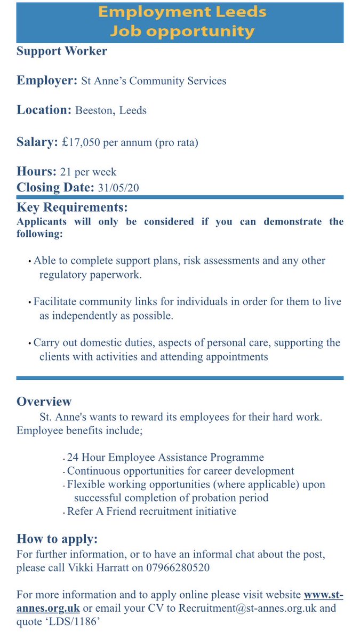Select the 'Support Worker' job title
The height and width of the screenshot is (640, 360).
tap(62, 51)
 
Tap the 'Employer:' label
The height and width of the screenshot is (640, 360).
tap(47, 81)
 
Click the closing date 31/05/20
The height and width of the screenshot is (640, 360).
tap(119, 187)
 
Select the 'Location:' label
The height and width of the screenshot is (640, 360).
tap(44, 110)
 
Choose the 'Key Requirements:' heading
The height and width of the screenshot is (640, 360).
tap(72, 207)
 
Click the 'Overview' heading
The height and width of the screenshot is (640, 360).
tap(44, 402)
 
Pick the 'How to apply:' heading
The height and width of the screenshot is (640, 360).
tap(57, 539)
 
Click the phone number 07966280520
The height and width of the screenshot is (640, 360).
tap(178, 567)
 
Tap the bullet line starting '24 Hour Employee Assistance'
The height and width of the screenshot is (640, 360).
tap(165, 458)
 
